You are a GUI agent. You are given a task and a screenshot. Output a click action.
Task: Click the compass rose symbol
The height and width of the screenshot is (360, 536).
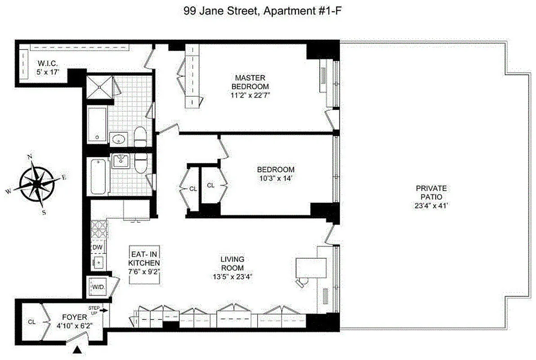coord(36,184)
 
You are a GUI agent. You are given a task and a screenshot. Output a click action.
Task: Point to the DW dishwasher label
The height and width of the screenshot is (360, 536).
coord(97,247)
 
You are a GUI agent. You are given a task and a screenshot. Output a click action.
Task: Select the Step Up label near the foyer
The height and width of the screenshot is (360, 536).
coord(94,310)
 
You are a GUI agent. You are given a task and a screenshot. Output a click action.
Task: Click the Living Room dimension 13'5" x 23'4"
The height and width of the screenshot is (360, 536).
coord(232,277)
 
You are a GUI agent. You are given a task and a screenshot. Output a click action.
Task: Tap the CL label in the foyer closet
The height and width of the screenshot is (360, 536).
coord(31,322)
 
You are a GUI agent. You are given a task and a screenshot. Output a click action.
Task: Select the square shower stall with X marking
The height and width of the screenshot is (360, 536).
coord(97,88)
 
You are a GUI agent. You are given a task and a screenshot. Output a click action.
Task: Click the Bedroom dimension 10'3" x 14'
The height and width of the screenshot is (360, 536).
coord(276,178)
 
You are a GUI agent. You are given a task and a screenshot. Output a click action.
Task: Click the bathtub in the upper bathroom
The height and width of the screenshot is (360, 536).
coord(96,125)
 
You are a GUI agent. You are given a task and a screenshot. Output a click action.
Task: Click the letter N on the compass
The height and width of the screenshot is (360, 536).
coord(30,157)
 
